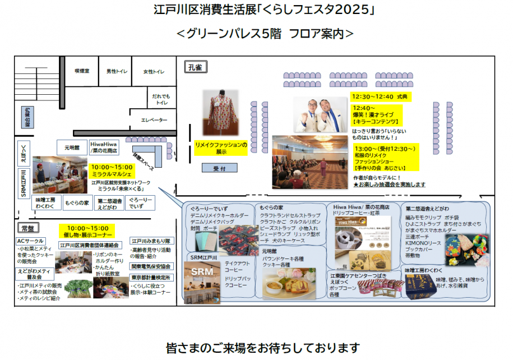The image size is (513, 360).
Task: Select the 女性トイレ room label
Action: click(154, 72)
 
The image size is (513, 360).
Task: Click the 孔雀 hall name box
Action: click(195, 68)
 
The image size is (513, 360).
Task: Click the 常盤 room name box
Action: click(27, 229)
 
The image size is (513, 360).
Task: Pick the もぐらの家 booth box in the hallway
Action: click(76, 202)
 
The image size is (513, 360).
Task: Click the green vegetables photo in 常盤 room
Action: click(78, 288)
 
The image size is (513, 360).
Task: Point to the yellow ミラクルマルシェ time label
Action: click(112, 171)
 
